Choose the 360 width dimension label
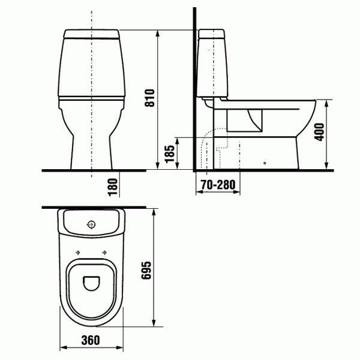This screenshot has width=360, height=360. coord(91,341)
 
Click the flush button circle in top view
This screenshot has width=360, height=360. coord(91,225)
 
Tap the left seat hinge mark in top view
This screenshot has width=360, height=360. coord(79,251)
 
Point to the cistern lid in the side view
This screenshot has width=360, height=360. coord(211,32)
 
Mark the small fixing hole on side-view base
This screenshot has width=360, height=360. coord(265,162)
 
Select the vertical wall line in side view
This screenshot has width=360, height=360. coord(193,90)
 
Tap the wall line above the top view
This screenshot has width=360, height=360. coord(96,207)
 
